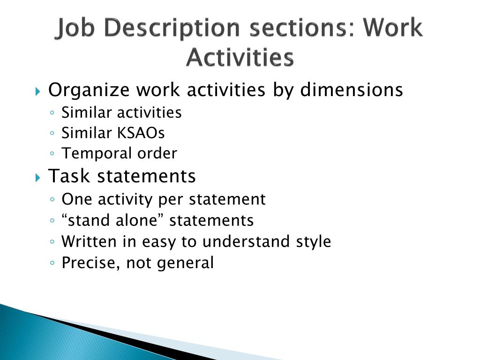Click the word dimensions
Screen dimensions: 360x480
click(x=352, y=90)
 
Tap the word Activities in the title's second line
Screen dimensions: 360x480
click(x=240, y=58)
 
